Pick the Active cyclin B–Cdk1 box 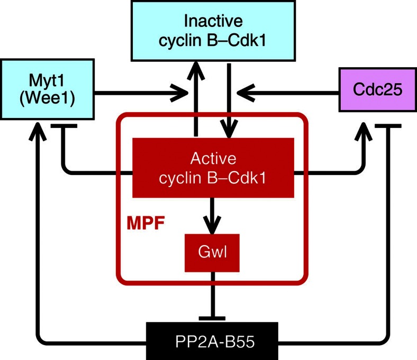213,168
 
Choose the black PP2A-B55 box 212,341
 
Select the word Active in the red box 213,159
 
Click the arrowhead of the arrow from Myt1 183,94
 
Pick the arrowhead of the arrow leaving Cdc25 244,94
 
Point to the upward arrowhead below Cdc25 365,130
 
